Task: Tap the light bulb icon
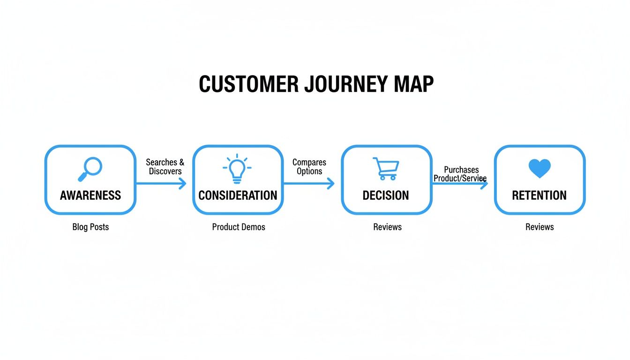click(x=237, y=168)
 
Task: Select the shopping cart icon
click(x=386, y=169)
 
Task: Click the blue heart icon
click(x=540, y=168)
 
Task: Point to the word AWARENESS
click(x=90, y=195)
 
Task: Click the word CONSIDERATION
click(x=238, y=195)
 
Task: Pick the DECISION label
click(x=386, y=195)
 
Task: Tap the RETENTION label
click(x=539, y=195)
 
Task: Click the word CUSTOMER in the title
click(x=248, y=84)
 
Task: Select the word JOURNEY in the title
click(x=345, y=84)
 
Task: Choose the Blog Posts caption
click(x=90, y=227)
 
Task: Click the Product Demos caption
click(x=239, y=227)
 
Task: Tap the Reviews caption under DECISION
click(x=387, y=227)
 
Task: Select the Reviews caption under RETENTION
click(x=540, y=227)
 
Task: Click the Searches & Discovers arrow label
click(x=165, y=167)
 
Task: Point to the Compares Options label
click(x=309, y=167)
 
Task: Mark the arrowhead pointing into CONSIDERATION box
click(x=183, y=184)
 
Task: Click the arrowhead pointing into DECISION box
click(x=331, y=184)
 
